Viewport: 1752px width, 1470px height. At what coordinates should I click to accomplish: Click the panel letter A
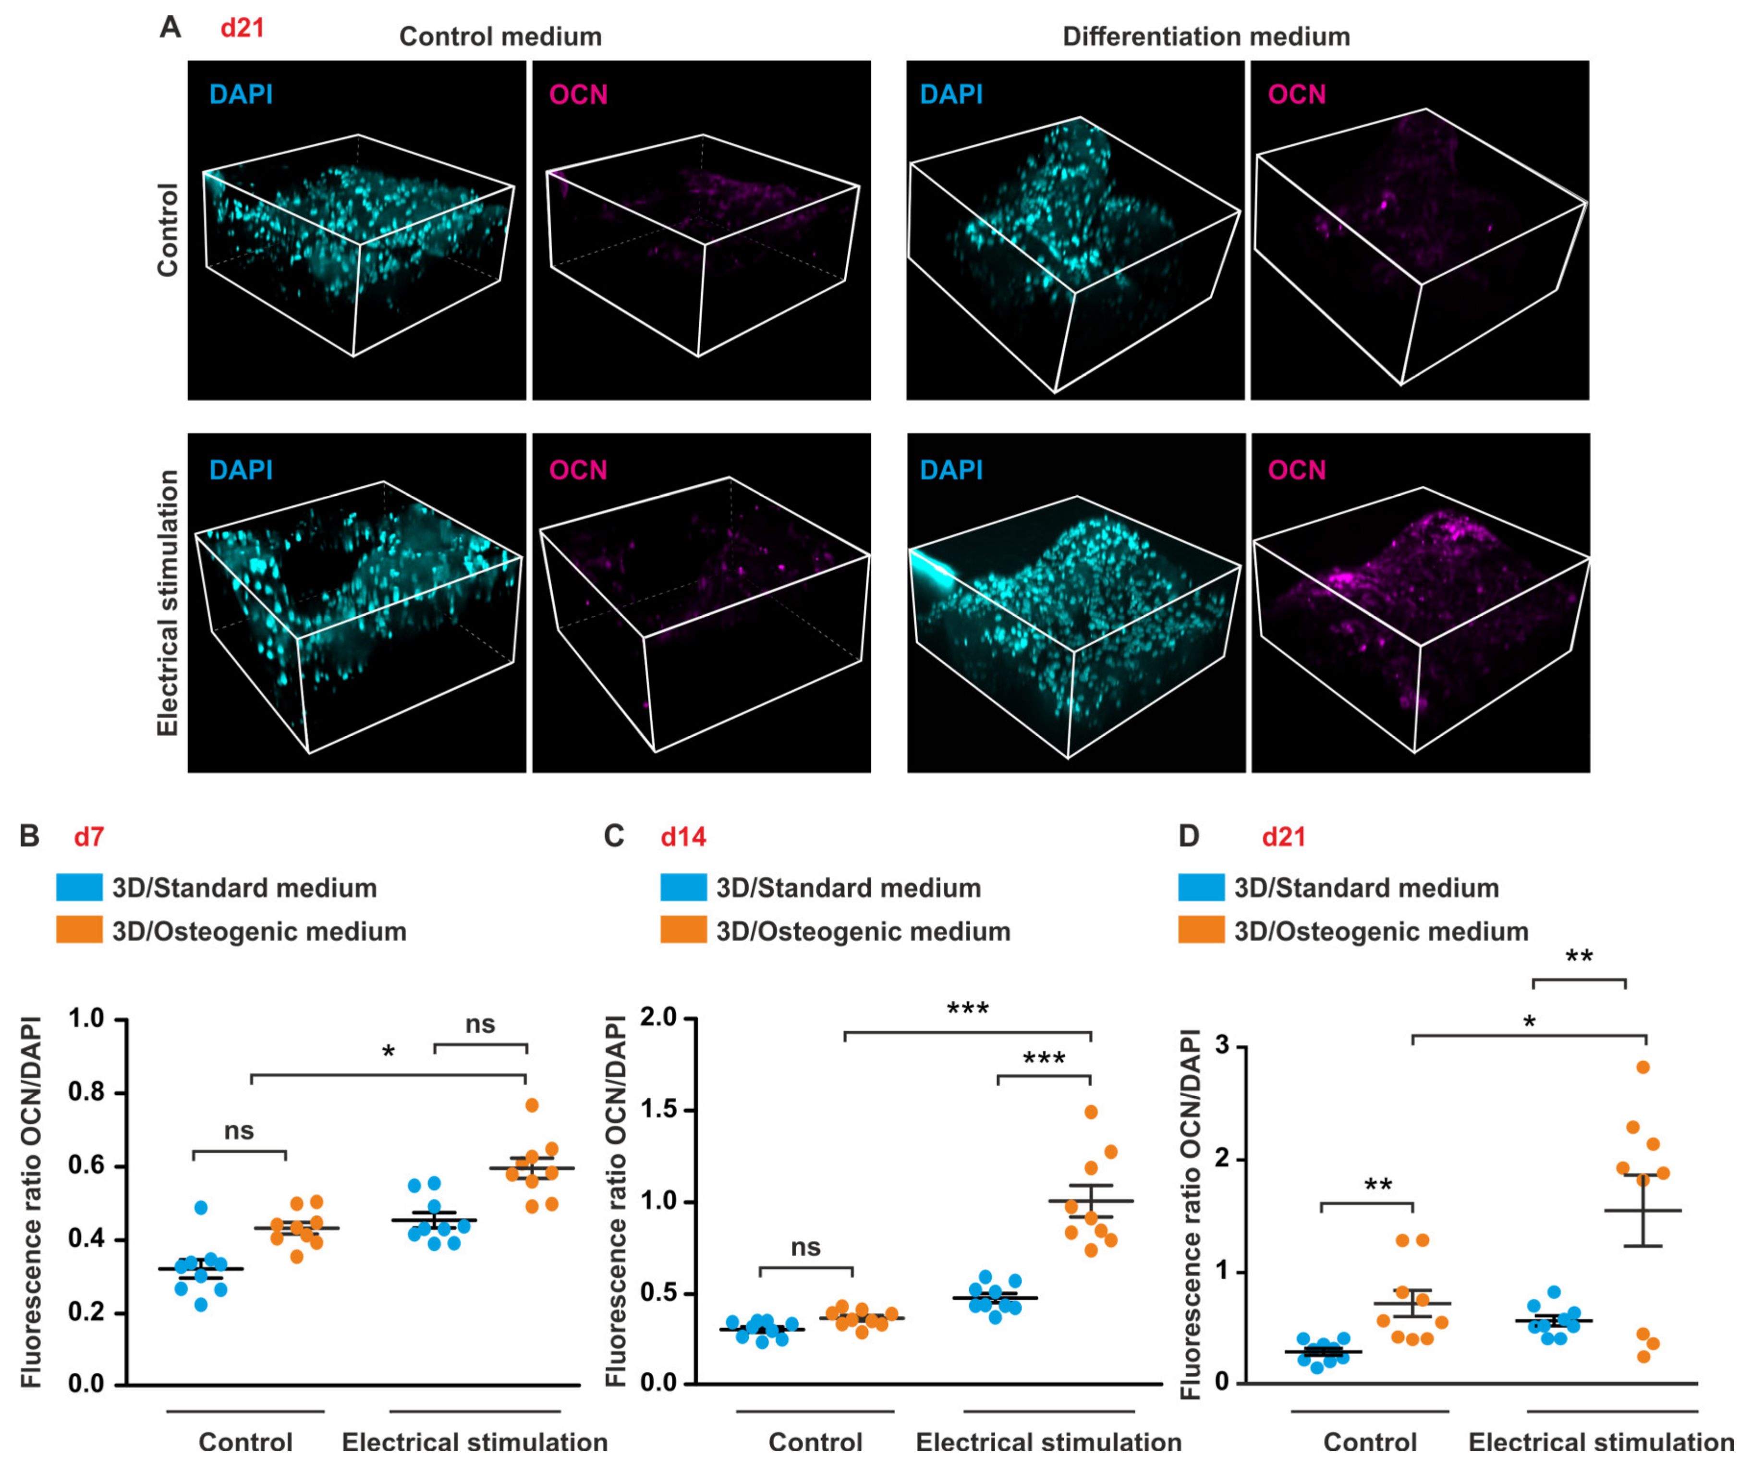point(170,27)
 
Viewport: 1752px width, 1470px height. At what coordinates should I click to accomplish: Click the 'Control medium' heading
point(500,37)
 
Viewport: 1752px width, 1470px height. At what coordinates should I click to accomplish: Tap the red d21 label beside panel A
point(242,28)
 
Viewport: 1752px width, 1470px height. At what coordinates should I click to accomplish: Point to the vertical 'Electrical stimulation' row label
point(169,602)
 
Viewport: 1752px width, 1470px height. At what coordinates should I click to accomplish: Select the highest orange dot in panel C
point(1090,1111)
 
